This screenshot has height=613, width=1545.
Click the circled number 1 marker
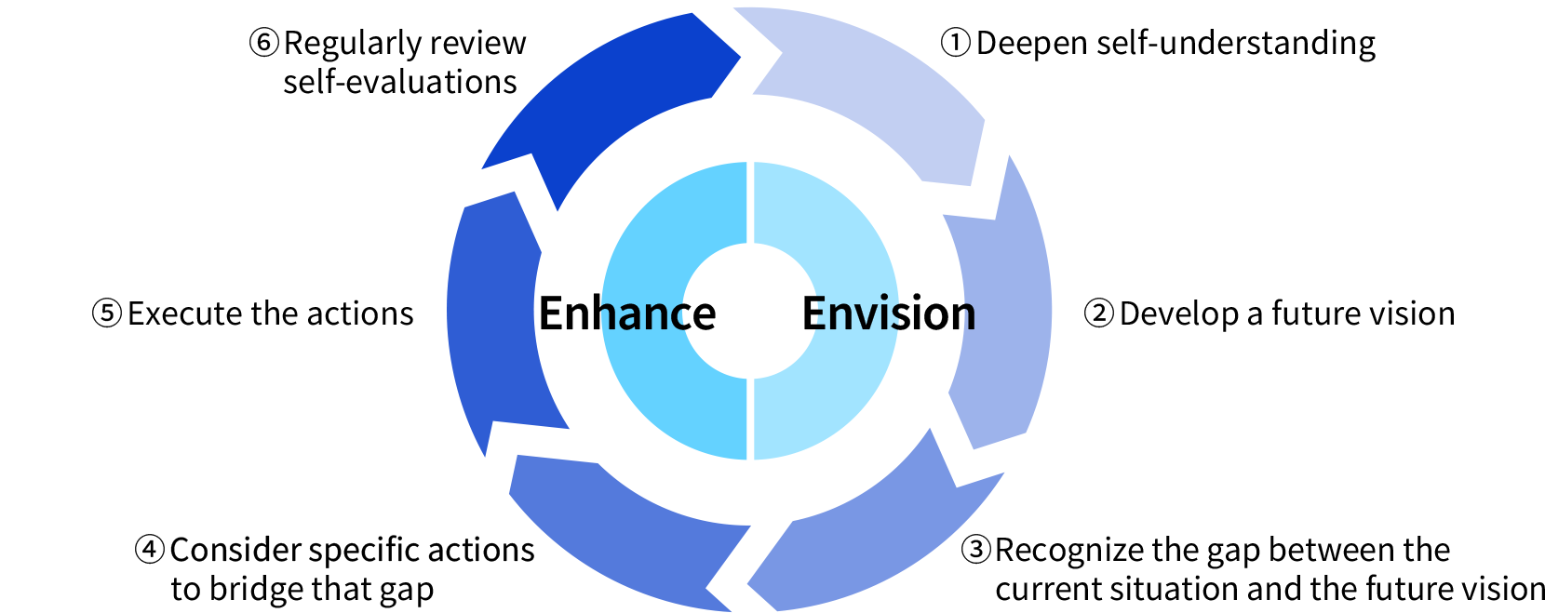(955, 43)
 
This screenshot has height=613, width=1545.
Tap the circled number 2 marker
(1098, 313)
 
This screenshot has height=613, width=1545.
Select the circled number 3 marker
(975, 550)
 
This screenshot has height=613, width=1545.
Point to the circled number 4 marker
(150, 550)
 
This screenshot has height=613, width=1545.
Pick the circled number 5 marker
(107, 313)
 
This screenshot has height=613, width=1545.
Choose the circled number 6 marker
(263, 43)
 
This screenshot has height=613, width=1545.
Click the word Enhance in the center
(626, 313)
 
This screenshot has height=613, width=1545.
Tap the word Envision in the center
(889, 313)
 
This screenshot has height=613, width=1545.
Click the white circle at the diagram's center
(749, 312)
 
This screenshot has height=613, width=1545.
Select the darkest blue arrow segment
(614, 102)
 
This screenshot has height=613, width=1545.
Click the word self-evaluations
(399, 82)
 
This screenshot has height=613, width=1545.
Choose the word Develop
(1178, 313)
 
